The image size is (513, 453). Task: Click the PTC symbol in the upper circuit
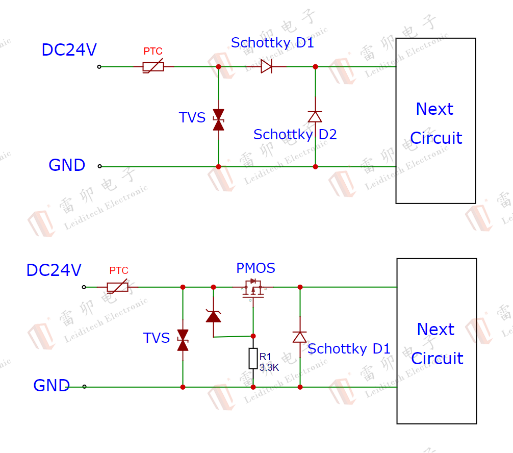point(153,66)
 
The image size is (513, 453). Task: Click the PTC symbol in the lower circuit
point(118,287)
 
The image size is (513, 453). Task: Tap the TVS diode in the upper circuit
point(218,120)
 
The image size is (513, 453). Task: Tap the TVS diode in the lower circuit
point(183,340)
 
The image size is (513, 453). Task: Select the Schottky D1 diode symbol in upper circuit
point(267,66)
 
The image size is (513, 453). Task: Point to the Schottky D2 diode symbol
point(315,116)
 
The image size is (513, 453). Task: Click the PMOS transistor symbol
point(252,288)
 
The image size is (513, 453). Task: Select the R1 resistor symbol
point(253,359)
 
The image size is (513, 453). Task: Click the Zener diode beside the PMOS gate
point(213,316)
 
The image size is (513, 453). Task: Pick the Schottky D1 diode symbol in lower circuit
point(299,337)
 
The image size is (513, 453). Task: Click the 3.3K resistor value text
point(269,367)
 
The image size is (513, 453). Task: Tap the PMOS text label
point(255,268)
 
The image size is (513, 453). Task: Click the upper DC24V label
point(69,50)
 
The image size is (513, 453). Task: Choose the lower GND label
point(52,386)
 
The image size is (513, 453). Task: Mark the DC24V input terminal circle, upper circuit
point(99,66)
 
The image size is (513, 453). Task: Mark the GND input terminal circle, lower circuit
point(84,387)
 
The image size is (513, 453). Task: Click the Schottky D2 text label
point(295,135)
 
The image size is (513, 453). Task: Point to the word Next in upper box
point(434,109)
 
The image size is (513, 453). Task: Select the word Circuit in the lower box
point(437,359)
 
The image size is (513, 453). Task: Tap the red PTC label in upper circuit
point(153,52)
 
